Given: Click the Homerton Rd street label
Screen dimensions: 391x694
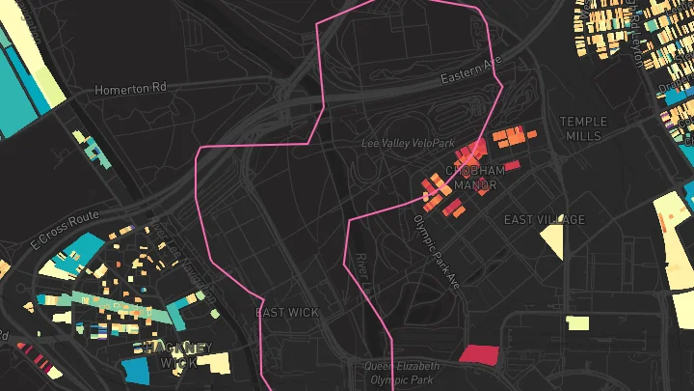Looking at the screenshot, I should pos(130,89).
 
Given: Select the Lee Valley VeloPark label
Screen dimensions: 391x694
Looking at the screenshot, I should pos(407,144).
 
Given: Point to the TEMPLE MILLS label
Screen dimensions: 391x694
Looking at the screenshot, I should pos(584,128).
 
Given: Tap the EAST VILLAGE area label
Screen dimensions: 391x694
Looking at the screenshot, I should pos(544,220).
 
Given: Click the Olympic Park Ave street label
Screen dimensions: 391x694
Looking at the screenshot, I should pos(437,249).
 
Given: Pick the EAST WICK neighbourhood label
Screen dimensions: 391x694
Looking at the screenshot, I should pos(287,313).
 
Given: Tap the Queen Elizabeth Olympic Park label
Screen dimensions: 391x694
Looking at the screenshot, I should pos(402,373).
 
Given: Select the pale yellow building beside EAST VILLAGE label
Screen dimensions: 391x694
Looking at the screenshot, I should pos(552,240).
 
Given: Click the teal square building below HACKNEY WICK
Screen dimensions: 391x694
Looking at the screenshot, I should pos(135,370).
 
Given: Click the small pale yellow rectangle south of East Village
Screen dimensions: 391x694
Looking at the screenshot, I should pos(576,322).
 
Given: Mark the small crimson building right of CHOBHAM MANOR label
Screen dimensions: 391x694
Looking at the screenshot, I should pos(513,165).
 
